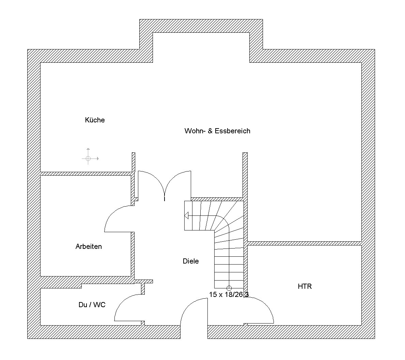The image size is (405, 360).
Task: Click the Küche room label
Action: click(95, 120)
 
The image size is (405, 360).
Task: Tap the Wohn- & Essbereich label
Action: click(217, 131)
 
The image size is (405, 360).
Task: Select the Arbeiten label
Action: click(89, 246)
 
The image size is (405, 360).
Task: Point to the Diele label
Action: click(191, 261)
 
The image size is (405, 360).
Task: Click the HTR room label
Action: click(305, 286)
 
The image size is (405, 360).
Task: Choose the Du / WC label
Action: click(92, 305)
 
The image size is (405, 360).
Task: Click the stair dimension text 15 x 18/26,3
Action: click(229, 294)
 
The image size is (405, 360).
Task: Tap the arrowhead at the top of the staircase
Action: click(186, 215)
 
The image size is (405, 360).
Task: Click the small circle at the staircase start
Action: click(229, 288)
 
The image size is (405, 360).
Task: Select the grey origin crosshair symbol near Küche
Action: click(88, 159)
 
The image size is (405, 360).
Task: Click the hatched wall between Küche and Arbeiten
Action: click(86, 174)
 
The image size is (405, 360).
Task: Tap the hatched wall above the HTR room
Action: click(304, 243)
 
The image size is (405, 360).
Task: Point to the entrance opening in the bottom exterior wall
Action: click(194, 332)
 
